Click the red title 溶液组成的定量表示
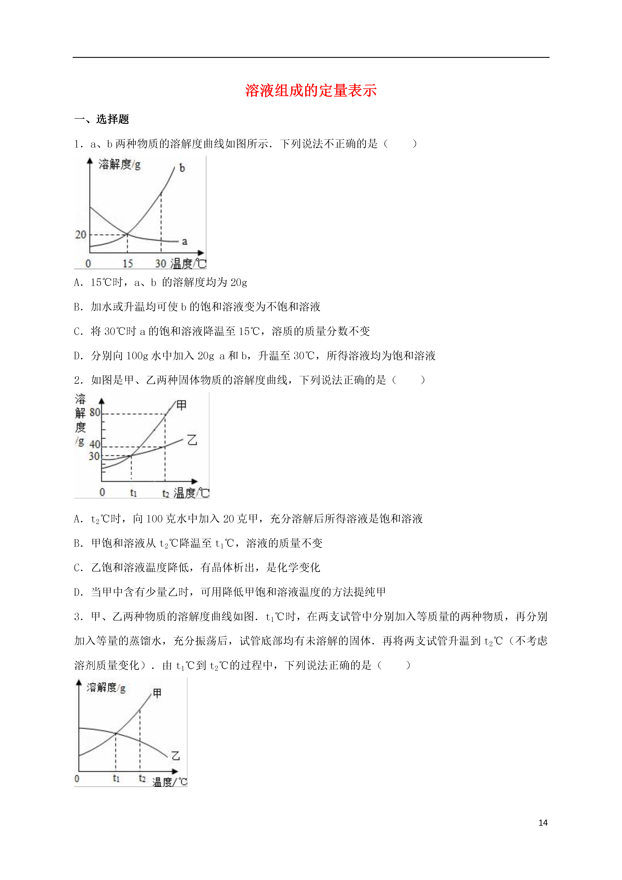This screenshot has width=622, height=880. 311,91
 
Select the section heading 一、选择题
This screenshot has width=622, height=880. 102,119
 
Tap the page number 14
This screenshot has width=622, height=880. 543,823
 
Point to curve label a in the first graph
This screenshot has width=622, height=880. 184,241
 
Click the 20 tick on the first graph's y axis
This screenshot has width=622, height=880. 80,235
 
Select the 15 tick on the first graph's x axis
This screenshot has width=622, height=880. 128,264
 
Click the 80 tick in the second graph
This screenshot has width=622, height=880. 95,412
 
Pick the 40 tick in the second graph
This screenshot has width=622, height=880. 95,444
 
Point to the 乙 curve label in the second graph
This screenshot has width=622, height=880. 192,440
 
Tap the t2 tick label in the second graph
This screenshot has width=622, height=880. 165,493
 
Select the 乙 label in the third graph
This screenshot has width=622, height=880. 176,756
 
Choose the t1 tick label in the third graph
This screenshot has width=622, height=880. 116,779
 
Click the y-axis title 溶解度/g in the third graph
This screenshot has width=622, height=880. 106,688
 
